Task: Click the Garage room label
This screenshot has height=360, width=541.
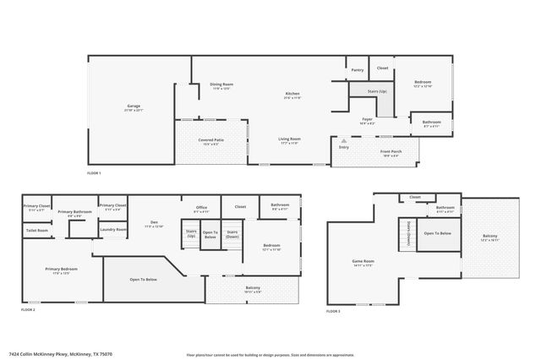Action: pyautogui.click(x=134, y=106)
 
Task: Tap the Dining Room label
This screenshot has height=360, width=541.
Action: pyautogui.click(x=221, y=84)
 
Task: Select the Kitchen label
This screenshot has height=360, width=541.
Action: pyautogui.click(x=292, y=94)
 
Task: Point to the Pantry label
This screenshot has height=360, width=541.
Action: pyautogui.click(x=357, y=70)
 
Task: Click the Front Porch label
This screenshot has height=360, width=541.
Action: pyautogui.click(x=391, y=151)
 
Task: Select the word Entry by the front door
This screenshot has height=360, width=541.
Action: pyautogui.click(x=344, y=147)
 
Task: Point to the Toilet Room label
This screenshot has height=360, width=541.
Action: pyautogui.click(x=37, y=230)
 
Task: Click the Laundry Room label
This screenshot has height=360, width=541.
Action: pyautogui.click(x=112, y=229)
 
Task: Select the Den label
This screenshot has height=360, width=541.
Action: pyautogui.click(x=154, y=223)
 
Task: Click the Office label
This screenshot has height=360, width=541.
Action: pyautogui.click(x=201, y=208)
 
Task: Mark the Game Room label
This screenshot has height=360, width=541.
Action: pyautogui.click(x=363, y=262)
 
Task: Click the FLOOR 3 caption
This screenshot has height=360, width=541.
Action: pyautogui.click(x=333, y=312)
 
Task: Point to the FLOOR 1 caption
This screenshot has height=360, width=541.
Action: pyautogui.click(x=94, y=173)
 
